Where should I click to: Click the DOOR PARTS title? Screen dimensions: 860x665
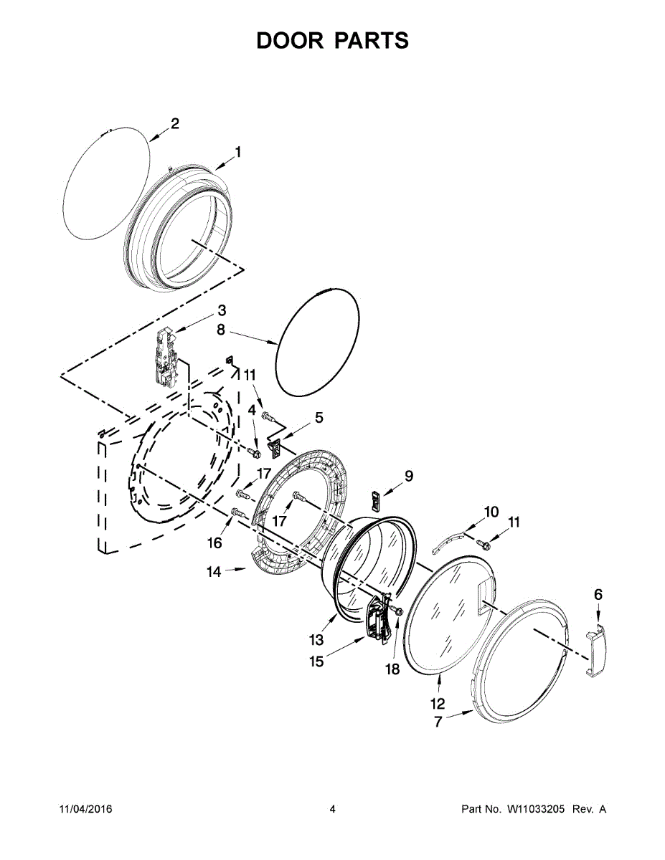(x=332, y=40)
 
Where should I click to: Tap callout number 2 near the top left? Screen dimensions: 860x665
(x=174, y=123)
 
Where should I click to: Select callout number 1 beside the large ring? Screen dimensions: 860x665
(x=237, y=152)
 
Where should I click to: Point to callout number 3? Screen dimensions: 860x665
(x=222, y=310)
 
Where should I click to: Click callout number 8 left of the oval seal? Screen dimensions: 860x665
(x=221, y=330)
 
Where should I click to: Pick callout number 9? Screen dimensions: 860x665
(x=409, y=474)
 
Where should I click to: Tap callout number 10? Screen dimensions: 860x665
(x=491, y=512)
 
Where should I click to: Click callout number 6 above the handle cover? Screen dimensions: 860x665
(x=598, y=594)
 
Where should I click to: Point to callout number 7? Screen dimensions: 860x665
(x=438, y=722)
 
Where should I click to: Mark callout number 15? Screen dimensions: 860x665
(x=316, y=661)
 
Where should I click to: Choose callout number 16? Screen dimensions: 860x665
(x=214, y=543)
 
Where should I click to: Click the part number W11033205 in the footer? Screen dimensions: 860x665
(x=537, y=809)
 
